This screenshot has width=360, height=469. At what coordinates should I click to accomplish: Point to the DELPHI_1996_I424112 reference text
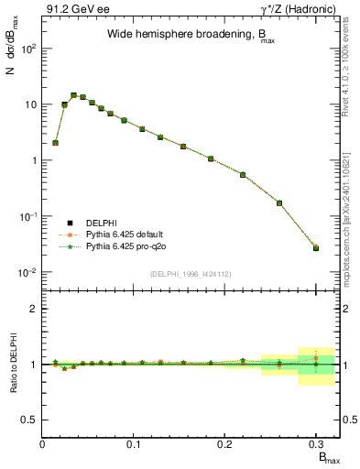(191, 273)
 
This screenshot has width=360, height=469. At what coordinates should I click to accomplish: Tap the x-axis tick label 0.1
(134, 445)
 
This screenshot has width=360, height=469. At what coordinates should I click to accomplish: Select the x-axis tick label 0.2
(224, 445)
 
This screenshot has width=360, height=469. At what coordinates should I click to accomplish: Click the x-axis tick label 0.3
(315, 445)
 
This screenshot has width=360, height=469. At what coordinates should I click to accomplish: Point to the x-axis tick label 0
(43, 445)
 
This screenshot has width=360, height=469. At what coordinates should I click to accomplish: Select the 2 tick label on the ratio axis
(32, 309)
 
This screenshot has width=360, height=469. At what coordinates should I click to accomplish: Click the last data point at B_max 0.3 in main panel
(316, 247)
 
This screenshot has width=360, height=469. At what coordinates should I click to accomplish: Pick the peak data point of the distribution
(73, 94)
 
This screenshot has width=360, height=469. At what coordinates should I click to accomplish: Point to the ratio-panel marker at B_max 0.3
(316, 364)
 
